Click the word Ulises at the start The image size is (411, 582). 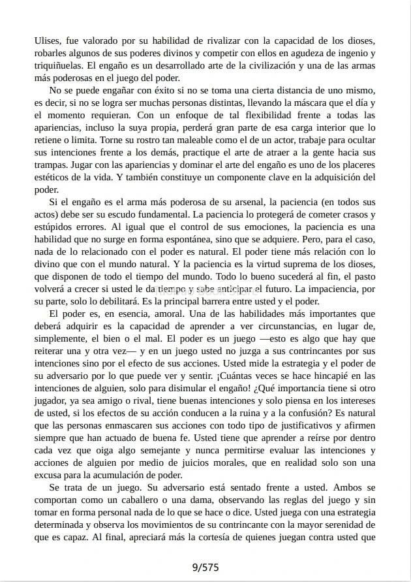point(46,40)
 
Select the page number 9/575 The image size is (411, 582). point(205,567)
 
